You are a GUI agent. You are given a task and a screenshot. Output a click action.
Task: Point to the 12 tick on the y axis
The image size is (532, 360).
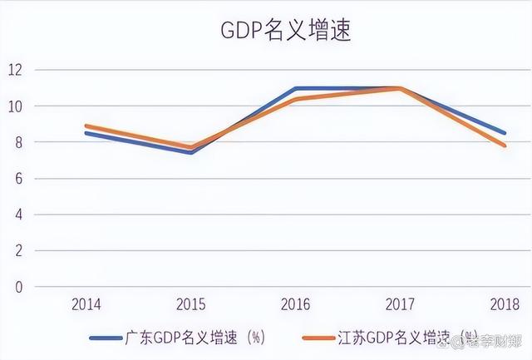16,70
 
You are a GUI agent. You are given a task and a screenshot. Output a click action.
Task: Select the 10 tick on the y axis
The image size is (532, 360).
16,106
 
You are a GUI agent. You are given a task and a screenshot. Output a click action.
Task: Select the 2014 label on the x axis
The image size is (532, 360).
86,305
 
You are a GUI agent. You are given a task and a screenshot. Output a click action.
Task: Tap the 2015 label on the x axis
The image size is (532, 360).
191,305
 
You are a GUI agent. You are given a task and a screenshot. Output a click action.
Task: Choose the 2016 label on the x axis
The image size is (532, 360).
296,305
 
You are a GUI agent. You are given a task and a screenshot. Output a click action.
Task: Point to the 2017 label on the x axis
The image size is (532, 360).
401,305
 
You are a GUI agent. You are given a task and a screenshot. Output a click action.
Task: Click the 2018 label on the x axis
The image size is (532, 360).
505,305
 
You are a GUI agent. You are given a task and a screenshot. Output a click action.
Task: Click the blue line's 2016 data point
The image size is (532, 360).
296,88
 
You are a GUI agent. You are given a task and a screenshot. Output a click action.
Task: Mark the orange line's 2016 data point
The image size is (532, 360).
296,99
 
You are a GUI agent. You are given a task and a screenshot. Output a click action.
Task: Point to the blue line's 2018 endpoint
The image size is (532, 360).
505,133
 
